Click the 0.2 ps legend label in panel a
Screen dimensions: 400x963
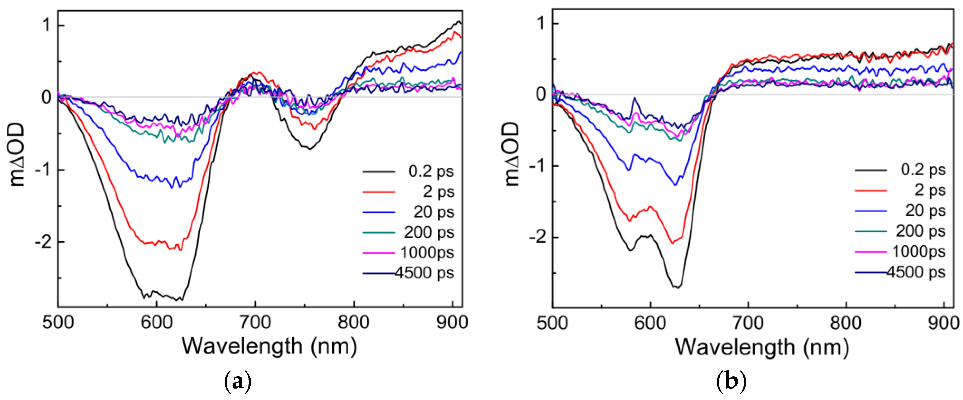coord(431,171)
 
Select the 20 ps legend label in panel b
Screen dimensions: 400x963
coord(925,211)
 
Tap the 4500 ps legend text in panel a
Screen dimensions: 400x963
coord(425,273)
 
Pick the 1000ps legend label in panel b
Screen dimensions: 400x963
coord(919,251)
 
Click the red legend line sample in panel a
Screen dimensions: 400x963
coord(379,192)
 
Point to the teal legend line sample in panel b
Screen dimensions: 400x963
coord(871,232)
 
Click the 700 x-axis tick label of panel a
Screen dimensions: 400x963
coord(255,322)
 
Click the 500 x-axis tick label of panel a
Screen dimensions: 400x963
coord(58,322)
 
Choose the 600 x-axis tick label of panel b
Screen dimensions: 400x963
coord(650,323)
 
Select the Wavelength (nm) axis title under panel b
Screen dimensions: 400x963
coord(762,347)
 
